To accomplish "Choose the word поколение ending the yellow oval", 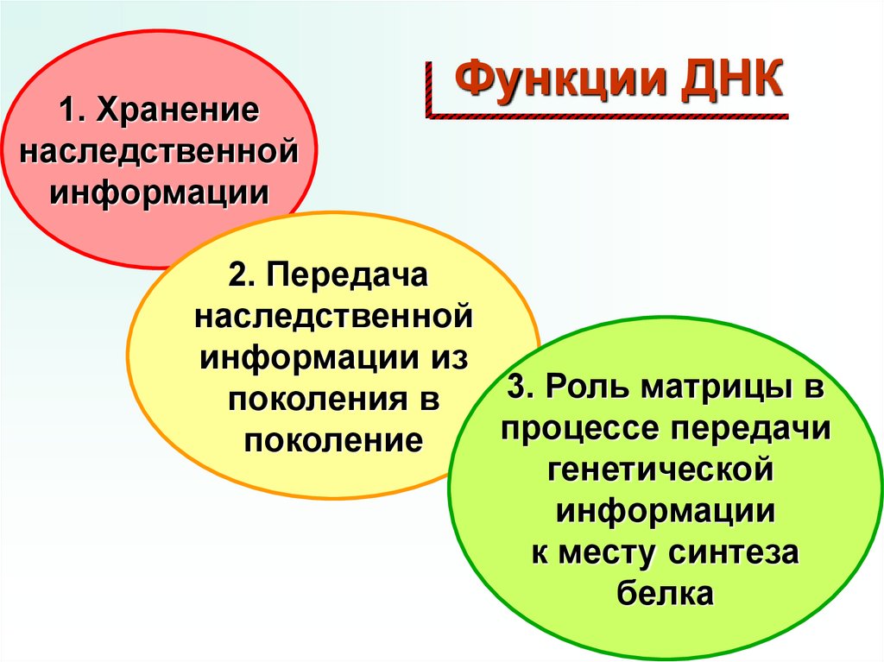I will coord(333,441).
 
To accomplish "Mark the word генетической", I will coord(659,470).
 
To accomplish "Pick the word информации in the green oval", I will coord(665,511).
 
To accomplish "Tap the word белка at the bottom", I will coord(665,594).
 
